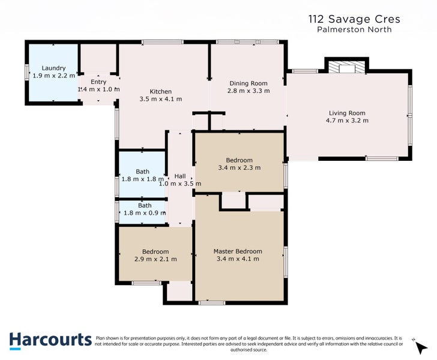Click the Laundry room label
[53, 68]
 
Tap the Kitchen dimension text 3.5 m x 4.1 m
[160, 99]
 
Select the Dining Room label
[249, 83]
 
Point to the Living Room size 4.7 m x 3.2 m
[347, 121]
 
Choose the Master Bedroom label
[238, 251]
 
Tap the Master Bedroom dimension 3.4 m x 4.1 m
[238, 259]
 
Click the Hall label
[179, 176]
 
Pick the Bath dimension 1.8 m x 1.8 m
[142, 179]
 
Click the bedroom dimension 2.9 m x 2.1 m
[155, 259]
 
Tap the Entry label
[98, 82]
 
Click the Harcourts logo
[50, 340]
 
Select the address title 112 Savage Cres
[354, 19]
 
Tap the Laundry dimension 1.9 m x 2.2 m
[53, 76]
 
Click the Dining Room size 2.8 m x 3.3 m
[249, 91]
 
